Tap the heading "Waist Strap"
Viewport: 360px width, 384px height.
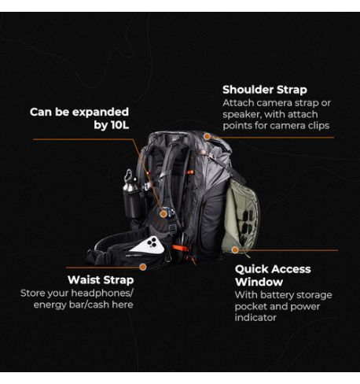[x=101, y=279]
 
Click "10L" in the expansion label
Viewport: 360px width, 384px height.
[x=112, y=124]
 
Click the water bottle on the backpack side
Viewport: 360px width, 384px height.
[x=132, y=201]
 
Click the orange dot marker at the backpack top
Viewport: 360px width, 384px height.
[x=207, y=137]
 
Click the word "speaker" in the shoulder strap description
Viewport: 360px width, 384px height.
[x=244, y=114]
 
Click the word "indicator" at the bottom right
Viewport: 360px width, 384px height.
[x=256, y=317]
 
